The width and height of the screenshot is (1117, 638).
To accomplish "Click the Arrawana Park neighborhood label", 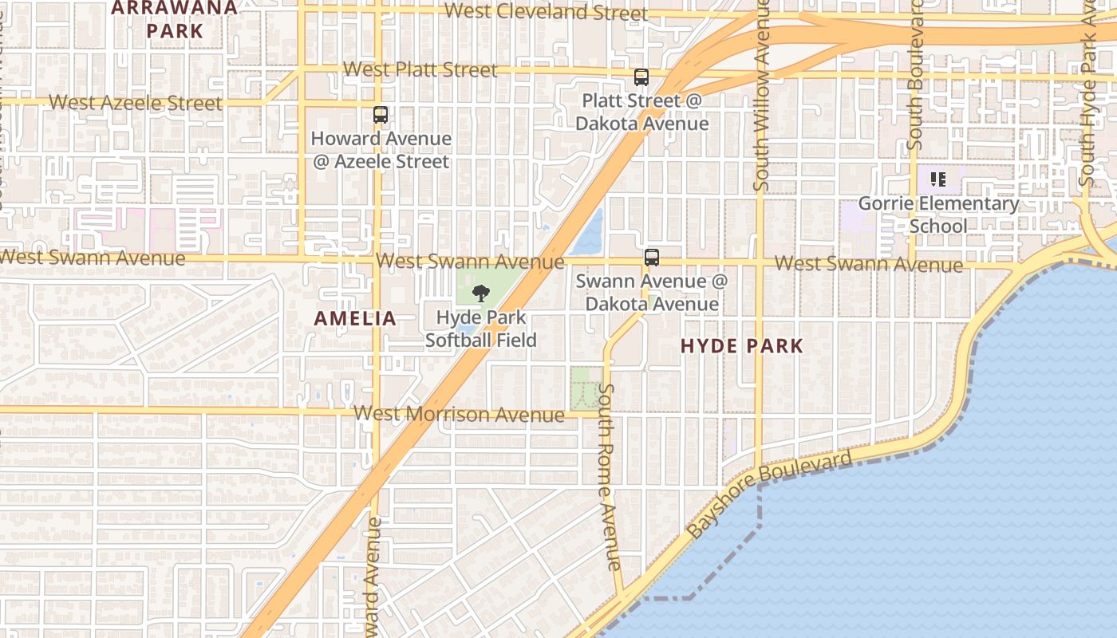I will pyautogui.click(x=176, y=19).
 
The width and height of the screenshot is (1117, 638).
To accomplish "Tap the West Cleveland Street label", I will pyautogui.click(x=547, y=12).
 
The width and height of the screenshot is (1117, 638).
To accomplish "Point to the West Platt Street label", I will pyautogui.click(x=420, y=69).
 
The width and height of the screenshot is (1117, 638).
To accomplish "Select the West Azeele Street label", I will pyautogui.click(x=136, y=103).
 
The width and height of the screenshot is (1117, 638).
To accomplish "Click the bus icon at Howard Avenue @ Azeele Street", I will pyautogui.click(x=381, y=115).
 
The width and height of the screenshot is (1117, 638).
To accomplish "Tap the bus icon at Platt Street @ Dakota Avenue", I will pyautogui.click(x=641, y=77).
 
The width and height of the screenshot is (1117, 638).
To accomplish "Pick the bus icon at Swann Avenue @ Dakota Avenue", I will pyautogui.click(x=652, y=258).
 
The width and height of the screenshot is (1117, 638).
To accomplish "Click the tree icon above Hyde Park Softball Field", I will pyautogui.click(x=480, y=293).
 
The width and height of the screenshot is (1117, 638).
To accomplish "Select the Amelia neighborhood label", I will pyautogui.click(x=355, y=318).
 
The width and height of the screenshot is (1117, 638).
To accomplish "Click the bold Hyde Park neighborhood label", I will pyautogui.click(x=742, y=345).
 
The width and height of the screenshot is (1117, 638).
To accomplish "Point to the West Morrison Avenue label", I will pyautogui.click(x=459, y=414).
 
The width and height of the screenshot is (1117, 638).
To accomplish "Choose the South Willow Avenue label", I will pyautogui.click(x=762, y=96).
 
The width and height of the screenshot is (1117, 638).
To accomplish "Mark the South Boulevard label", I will pyautogui.click(x=916, y=76).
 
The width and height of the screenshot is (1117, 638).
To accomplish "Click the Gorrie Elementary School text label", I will pyautogui.click(x=938, y=215).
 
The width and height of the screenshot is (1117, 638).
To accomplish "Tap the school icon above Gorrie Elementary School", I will pyautogui.click(x=938, y=179).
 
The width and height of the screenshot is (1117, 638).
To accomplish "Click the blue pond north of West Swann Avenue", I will pyautogui.click(x=590, y=231).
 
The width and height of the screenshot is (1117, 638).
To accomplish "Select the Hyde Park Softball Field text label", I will pyautogui.click(x=480, y=329).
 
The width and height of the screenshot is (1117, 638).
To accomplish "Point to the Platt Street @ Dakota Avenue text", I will pyautogui.click(x=641, y=112).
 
